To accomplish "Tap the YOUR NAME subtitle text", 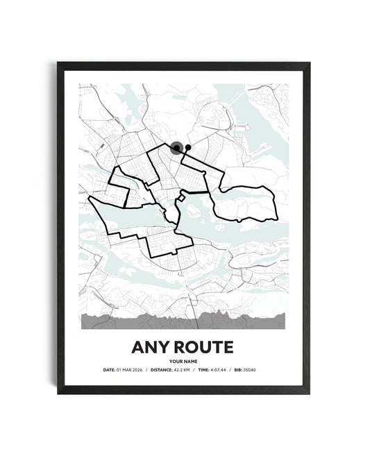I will (185, 361).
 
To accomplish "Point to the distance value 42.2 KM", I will (179, 371).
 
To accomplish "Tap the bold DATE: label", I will (108, 371).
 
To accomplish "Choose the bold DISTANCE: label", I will (155, 371).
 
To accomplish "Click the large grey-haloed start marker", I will (177, 147).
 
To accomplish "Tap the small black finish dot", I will (187, 147).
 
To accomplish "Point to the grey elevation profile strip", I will (185, 319).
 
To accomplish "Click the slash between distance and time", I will (194, 371).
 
